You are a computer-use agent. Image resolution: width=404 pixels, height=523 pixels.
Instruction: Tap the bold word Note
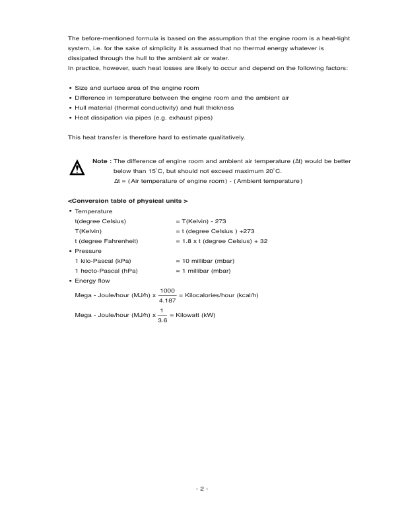click(x=101, y=161)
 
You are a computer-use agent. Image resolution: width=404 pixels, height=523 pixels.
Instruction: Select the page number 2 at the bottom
click(x=202, y=489)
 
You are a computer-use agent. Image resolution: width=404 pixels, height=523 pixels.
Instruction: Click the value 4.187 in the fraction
click(x=168, y=300)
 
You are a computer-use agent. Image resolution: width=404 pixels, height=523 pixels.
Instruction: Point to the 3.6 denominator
click(x=162, y=320)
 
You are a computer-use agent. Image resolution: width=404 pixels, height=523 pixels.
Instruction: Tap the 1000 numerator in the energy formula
click(x=168, y=290)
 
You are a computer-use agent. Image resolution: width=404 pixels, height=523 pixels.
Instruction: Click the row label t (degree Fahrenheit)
click(x=106, y=241)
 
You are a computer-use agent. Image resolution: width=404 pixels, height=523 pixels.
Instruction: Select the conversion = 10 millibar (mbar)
click(x=205, y=261)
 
